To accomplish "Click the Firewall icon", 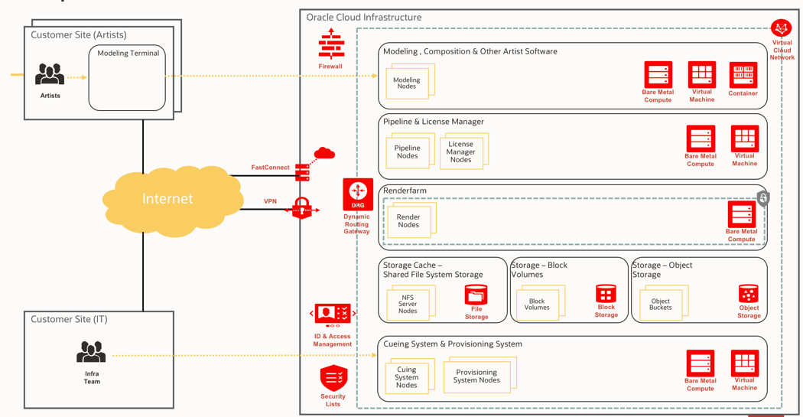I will click(x=331, y=44).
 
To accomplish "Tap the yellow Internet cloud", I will click(x=167, y=199).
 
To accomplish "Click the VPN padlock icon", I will click(x=302, y=207).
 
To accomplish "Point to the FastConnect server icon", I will click(x=303, y=172).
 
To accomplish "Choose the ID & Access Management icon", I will click(x=333, y=314).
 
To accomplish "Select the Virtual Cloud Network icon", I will click(x=781, y=28).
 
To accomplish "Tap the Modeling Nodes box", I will click(x=407, y=83).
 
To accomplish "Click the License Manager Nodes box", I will click(x=460, y=151).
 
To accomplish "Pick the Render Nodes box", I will click(x=408, y=221).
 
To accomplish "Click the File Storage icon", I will click(x=476, y=295).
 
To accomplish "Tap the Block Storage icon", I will click(x=606, y=295).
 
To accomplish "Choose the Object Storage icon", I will click(x=749, y=295).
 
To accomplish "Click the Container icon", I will click(x=743, y=74).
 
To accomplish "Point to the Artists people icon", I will click(x=50, y=75).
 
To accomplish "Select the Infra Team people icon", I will click(x=91, y=353).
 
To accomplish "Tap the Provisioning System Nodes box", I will click(x=476, y=376).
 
